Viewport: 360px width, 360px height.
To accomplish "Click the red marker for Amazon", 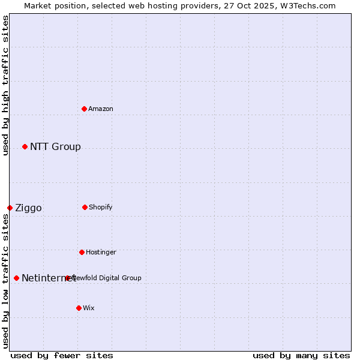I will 85,109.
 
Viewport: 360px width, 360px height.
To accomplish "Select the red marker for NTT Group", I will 25,147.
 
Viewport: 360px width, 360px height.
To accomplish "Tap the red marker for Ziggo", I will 10,208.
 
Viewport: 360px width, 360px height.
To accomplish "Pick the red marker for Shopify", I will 85,207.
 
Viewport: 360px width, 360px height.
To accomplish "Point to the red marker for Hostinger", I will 82,252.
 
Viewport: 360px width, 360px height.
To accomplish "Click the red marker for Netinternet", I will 17,278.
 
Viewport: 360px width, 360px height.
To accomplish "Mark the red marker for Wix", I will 79,308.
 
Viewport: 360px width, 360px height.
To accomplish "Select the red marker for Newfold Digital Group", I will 67,278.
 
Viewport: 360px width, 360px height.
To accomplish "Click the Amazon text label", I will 101,109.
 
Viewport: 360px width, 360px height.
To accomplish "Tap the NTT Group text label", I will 55,147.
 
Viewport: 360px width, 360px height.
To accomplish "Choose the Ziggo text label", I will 28,208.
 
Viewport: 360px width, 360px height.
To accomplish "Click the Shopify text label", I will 101,207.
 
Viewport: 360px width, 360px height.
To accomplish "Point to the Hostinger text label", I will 101,252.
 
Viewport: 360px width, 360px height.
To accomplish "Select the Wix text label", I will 89,308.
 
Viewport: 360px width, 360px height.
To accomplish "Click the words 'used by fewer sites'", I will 62,355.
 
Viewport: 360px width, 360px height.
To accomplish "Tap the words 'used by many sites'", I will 301,355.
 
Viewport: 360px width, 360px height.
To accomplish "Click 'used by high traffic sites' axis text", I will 5,85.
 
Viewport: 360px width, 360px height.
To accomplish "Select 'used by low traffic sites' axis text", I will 5,280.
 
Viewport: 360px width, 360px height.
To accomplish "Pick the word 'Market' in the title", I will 37,5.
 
